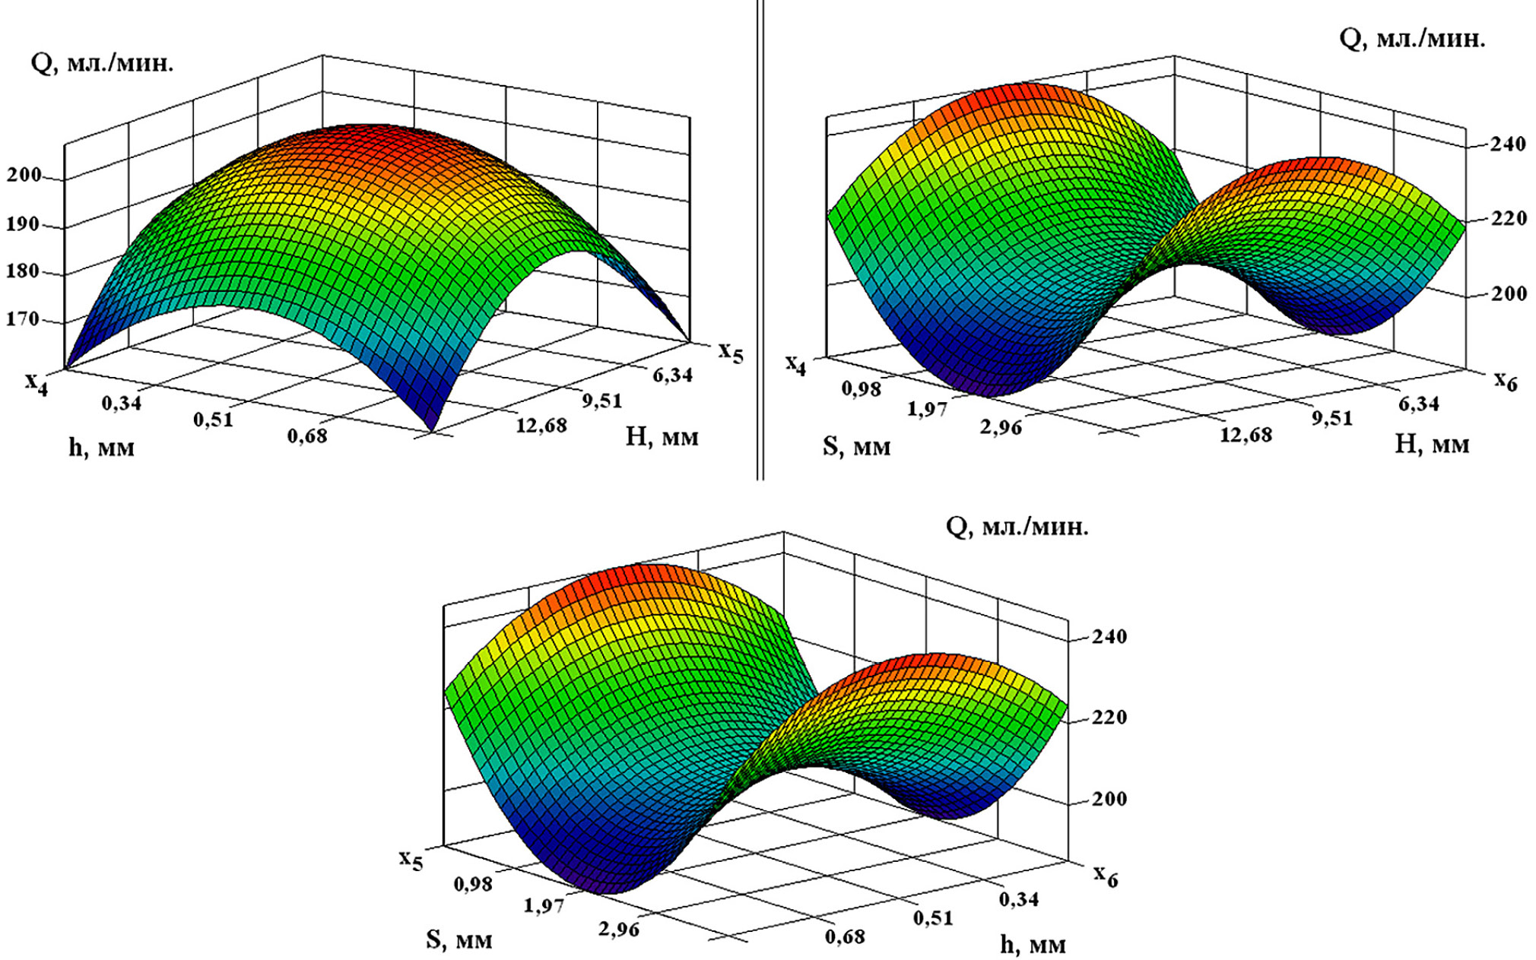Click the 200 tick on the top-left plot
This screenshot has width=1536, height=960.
tap(24, 175)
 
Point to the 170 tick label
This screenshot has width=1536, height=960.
tap(24, 319)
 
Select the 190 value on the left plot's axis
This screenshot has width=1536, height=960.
tap(24, 224)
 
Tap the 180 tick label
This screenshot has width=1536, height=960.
tap(24, 271)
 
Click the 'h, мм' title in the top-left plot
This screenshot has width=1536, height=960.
tap(101, 447)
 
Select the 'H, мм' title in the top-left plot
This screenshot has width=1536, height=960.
tap(662, 436)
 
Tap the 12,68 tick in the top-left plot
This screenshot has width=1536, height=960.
tap(541, 425)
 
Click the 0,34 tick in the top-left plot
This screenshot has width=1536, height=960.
tap(122, 402)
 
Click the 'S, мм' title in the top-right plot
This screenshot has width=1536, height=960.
tap(856, 446)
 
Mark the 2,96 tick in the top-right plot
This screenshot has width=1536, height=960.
tap(1001, 427)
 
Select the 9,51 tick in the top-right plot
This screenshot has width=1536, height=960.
tap(1332, 418)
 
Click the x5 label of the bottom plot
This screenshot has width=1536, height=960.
tap(411, 860)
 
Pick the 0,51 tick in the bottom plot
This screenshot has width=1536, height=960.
tap(933, 917)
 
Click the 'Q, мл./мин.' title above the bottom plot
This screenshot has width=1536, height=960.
tap(1017, 526)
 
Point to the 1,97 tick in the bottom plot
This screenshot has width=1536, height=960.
tap(544, 905)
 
